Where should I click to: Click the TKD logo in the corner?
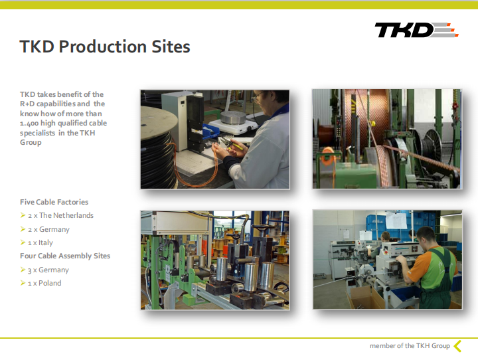point(416,30)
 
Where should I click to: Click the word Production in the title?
point(102,46)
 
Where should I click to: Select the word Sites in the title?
point(171,46)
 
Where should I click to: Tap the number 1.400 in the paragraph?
point(29,124)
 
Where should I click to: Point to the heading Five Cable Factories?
point(54,202)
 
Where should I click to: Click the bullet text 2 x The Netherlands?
point(60,215)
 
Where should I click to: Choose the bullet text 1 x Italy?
point(40,243)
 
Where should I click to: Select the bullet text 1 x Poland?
point(44,283)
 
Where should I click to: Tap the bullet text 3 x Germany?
point(48,270)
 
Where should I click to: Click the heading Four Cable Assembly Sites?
point(65,256)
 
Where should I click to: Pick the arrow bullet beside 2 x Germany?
point(23,228)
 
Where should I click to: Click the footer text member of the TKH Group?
point(410,345)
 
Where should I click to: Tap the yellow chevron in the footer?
point(457,346)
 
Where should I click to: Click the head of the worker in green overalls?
point(426,237)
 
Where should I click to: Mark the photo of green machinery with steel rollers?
point(215,260)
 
